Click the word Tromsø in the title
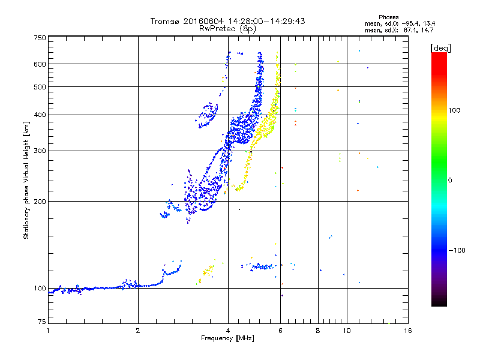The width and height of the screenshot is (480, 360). (166, 21)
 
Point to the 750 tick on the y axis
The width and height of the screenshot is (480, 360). (40, 37)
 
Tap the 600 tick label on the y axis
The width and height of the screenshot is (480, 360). (40, 64)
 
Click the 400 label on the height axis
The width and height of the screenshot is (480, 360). (40, 115)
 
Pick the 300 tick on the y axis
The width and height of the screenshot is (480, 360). (40, 151)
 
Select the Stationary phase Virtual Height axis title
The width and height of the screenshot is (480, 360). (26, 180)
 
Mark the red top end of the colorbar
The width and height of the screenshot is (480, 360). (439, 55)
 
